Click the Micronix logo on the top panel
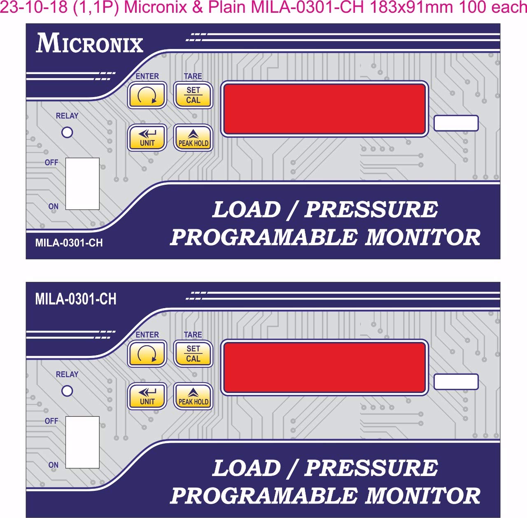pyautogui.click(x=89, y=44)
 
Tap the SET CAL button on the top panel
pyautogui.click(x=193, y=95)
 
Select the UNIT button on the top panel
pyautogui.click(x=147, y=138)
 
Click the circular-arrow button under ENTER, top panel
pyautogui.click(x=147, y=95)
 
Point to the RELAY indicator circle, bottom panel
pyautogui.click(x=67, y=391)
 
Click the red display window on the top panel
pyautogui.click(x=324, y=109)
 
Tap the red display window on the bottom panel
pyautogui.click(x=324, y=367)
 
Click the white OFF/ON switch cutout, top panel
pyautogui.click(x=82, y=184)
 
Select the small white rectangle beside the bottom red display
pyautogui.click(x=456, y=382)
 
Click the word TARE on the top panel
pyautogui.click(x=193, y=76)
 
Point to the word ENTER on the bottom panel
pyautogui.click(x=147, y=334)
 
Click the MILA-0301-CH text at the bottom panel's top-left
pyautogui.click(x=76, y=299)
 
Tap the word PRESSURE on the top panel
pyautogui.click(x=371, y=209)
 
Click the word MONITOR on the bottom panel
pyautogui.click(x=423, y=495)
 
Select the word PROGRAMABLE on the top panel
pyautogui.click(x=264, y=237)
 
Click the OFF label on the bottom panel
pyautogui.click(x=51, y=421)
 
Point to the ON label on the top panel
pyautogui.click(x=54, y=206)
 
